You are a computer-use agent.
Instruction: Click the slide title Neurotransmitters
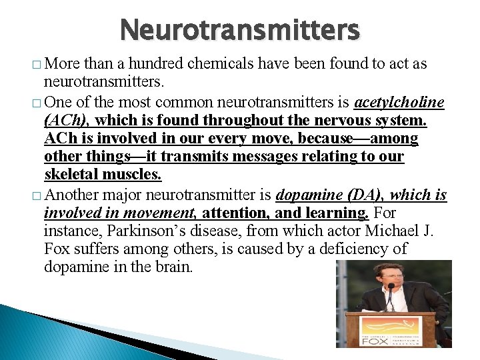pos(240,30)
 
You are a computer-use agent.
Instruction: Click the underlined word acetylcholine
pos(399,102)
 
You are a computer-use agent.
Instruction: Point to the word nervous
pos(330,121)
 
